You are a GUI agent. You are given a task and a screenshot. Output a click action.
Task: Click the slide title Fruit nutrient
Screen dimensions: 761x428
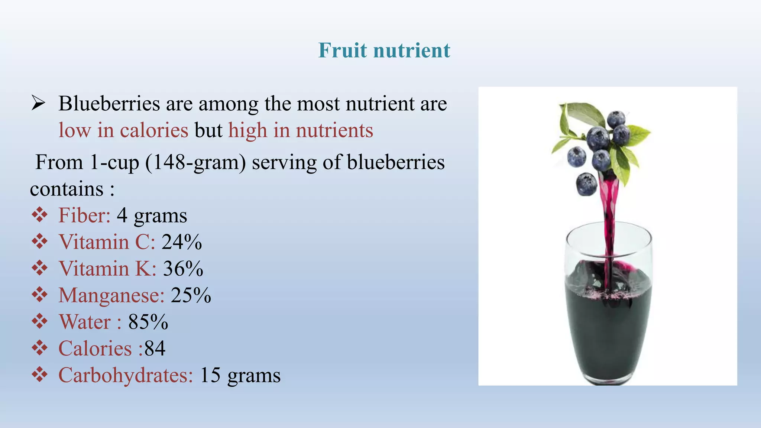click(x=384, y=50)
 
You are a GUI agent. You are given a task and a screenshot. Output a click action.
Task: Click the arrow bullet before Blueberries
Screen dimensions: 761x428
click(x=38, y=103)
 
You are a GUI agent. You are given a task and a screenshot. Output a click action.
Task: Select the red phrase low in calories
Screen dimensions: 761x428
click(x=123, y=130)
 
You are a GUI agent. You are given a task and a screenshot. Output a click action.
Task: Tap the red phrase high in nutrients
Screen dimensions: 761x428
click(x=301, y=130)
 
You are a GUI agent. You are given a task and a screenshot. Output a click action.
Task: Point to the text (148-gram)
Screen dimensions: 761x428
click(x=195, y=162)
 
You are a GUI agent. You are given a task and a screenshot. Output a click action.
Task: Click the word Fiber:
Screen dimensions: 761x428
click(x=84, y=215)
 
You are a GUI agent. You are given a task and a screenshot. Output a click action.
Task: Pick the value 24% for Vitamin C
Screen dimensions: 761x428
click(x=182, y=242)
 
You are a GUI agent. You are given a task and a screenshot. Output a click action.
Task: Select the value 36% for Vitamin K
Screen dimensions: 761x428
click(x=183, y=269)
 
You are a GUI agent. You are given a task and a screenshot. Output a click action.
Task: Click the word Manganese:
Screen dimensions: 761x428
click(x=111, y=295)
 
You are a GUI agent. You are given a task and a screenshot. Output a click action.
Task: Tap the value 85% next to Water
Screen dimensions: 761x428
click(x=148, y=322)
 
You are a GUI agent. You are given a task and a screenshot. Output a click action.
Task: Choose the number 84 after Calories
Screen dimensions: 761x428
click(x=155, y=348)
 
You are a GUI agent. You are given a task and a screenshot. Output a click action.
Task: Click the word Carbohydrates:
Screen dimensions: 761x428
click(x=126, y=375)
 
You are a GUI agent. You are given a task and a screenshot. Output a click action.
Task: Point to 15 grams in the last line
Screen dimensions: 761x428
click(x=240, y=375)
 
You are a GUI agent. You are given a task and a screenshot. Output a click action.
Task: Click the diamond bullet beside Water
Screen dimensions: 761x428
click(x=39, y=321)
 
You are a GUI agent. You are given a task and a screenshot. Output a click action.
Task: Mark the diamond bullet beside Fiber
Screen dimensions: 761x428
click(x=39, y=215)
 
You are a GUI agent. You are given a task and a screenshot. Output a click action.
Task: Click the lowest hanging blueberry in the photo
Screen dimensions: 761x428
click(x=586, y=184)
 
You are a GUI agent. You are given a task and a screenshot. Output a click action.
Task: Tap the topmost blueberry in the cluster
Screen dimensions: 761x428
click(x=616, y=119)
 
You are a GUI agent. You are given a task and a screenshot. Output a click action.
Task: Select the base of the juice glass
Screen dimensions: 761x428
click(x=609, y=379)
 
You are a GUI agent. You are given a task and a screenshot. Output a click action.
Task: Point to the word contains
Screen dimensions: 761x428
click(x=67, y=189)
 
